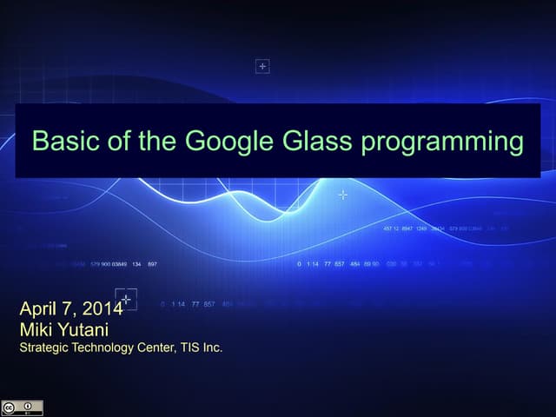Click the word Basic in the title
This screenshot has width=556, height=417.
(x=56, y=141)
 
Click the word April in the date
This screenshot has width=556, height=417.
(x=38, y=310)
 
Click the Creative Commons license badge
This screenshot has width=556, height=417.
(x=22, y=407)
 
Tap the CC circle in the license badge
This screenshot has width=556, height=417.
(x=11, y=407)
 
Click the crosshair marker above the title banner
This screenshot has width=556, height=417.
(x=262, y=66)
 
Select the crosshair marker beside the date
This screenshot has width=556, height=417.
(x=127, y=299)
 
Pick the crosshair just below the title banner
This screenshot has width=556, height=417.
(x=343, y=195)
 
